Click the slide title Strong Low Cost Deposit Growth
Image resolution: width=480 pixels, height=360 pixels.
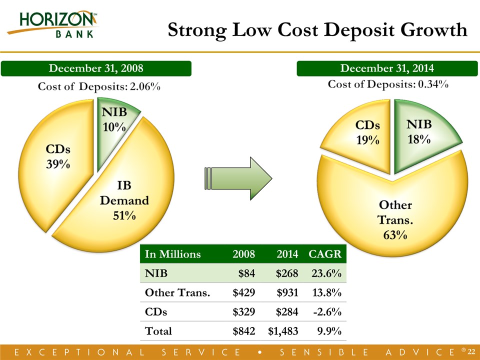317,30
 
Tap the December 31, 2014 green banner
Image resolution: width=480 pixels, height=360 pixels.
386,68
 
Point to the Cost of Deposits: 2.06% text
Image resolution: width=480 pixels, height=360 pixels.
99,87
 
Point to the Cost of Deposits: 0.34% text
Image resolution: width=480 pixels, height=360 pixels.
388,84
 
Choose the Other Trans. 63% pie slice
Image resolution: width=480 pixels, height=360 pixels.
395,215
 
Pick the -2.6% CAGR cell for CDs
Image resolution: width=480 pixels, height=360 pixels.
328,311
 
